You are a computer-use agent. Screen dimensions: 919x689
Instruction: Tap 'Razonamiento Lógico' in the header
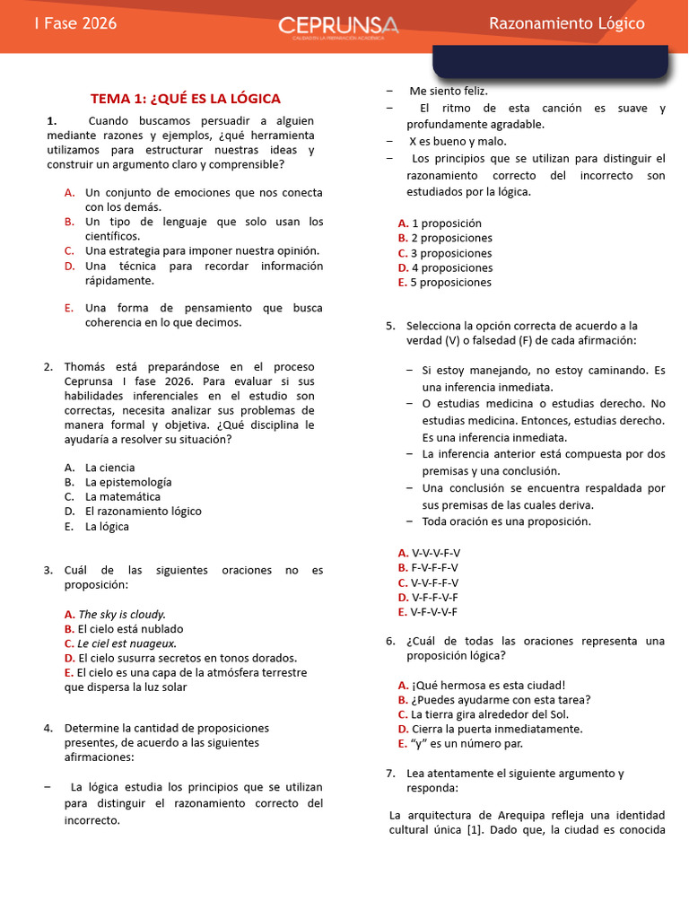pos(566,24)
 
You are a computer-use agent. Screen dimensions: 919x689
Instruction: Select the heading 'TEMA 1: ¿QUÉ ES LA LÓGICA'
pos(186,99)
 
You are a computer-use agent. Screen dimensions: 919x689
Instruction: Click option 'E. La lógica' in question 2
pos(107,526)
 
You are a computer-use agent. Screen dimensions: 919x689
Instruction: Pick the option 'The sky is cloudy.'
pos(122,615)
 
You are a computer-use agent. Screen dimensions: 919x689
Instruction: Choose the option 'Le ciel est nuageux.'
pos(126,643)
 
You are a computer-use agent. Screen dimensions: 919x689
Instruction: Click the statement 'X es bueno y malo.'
pos(458,142)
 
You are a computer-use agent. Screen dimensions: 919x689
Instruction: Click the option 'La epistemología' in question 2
pos(128,482)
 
